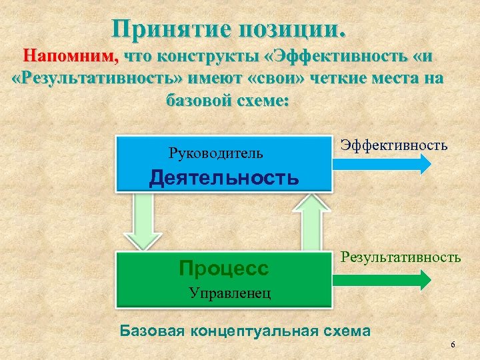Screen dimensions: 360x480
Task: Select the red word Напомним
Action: click(71, 56)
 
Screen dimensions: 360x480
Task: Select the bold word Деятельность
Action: click(224, 177)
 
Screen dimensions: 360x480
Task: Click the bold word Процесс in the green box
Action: click(224, 268)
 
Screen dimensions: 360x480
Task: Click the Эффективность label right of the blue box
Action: click(393, 144)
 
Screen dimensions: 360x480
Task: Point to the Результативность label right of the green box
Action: click(401, 256)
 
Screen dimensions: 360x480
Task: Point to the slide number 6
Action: click(453, 344)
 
